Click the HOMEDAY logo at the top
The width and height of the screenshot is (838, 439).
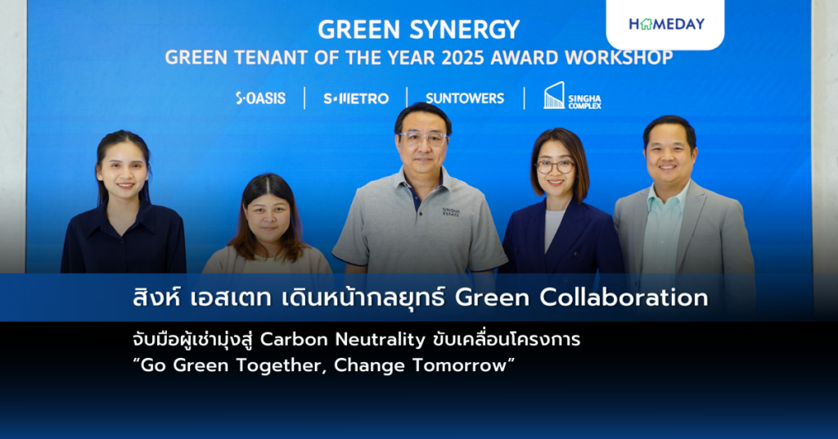coord(666,24)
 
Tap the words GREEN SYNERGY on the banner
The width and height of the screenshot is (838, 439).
coord(418,29)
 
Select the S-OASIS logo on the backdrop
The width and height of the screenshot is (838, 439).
coord(261,98)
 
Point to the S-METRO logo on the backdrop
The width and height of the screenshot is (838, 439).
coord(356,98)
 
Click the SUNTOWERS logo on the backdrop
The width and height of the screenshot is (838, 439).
coord(465,98)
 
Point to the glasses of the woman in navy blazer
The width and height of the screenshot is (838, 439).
coord(555,166)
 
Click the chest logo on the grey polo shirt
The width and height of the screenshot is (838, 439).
coord(451,212)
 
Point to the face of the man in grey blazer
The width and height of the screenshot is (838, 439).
coord(669,156)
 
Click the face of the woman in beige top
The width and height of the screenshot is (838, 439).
coord(268,216)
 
